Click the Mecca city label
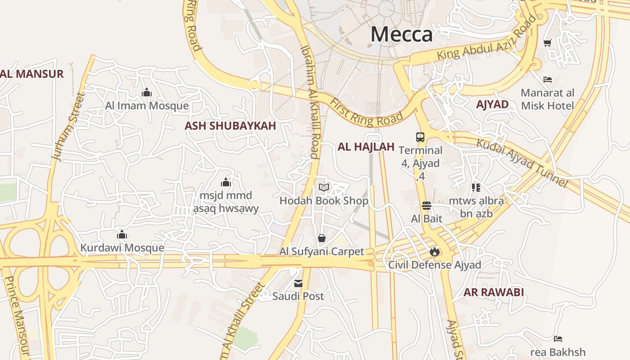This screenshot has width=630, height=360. (x=401, y=35)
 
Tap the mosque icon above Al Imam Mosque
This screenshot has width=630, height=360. (x=147, y=93)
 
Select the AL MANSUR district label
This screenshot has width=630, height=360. (x=32, y=74)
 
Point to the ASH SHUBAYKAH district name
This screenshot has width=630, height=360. (x=230, y=126)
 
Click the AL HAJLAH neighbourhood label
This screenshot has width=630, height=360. (x=366, y=147)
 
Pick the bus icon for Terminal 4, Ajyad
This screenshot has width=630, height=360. (x=420, y=137)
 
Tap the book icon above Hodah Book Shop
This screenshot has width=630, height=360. (x=324, y=188)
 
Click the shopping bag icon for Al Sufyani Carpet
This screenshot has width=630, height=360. (x=321, y=238)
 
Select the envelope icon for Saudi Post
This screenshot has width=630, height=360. (x=298, y=283)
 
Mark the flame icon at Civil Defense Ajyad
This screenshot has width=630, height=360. (x=434, y=252)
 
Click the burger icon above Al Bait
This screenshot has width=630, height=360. (x=427, y=206)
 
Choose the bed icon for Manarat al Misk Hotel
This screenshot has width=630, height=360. (x=548, y=80)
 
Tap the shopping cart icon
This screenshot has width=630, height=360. (x=548, y=43)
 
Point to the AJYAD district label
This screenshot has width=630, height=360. (x=492, y=105)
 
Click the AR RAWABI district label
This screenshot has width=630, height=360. (x=494, y=292)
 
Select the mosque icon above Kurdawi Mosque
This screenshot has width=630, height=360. (x=122, y=235)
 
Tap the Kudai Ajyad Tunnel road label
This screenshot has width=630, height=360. (x=522, y=163)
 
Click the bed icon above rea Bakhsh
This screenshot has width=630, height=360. (x=558, y=339)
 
